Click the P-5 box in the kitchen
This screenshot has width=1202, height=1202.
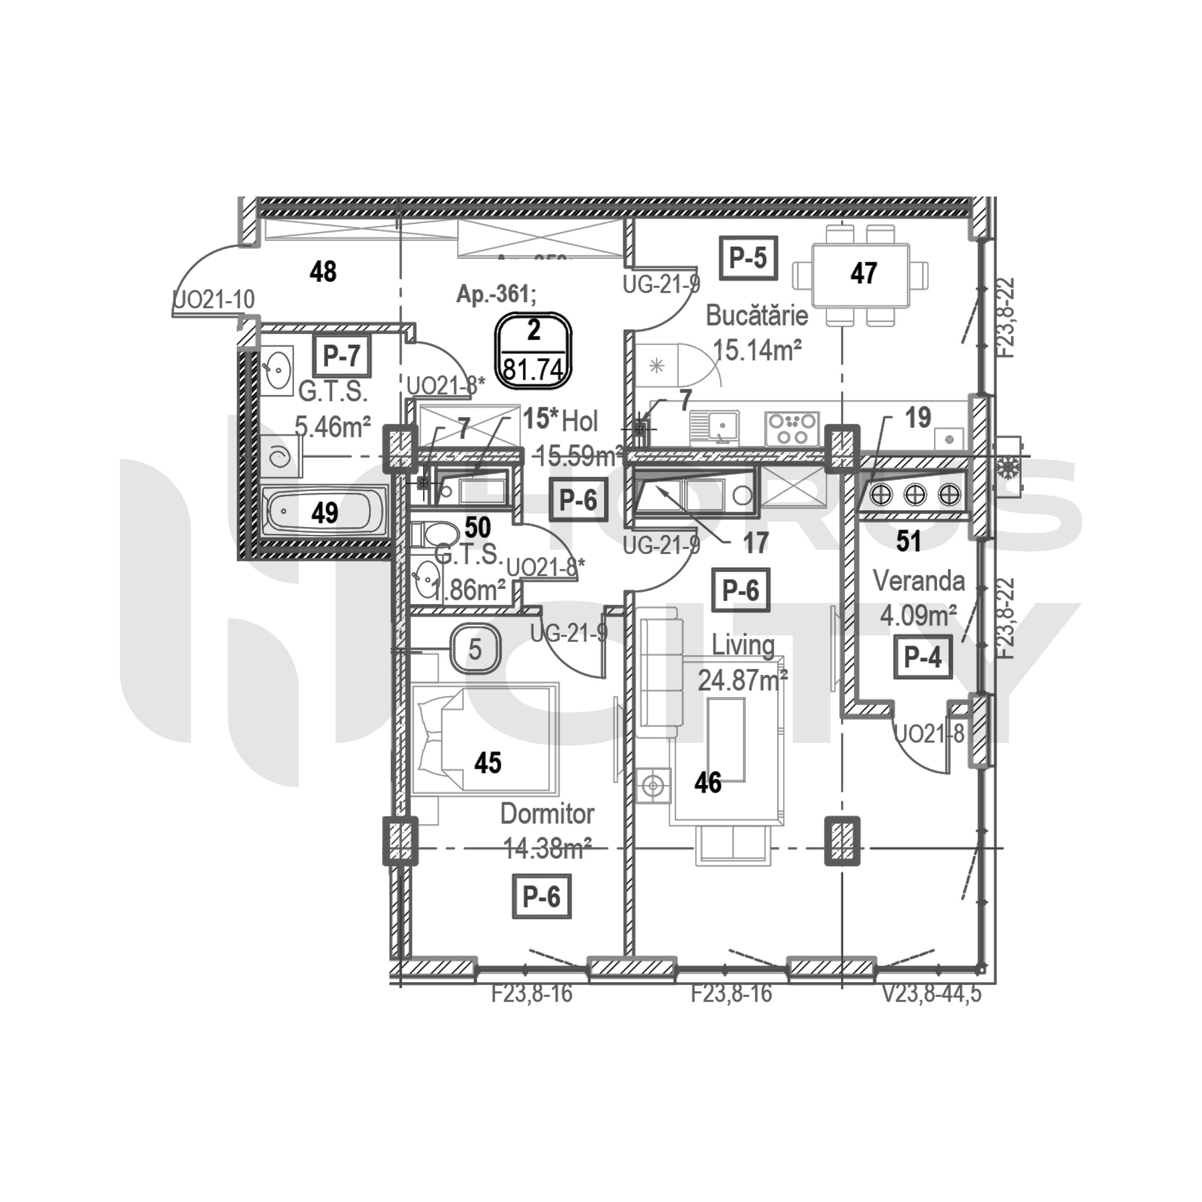(748, 258)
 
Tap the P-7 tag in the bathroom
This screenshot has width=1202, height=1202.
(341, 356)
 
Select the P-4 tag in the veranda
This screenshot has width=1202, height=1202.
(923, 657)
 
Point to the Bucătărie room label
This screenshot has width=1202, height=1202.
(757, 316)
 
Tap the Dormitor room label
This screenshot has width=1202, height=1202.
(547, 814)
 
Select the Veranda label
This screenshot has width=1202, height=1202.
(918, 581)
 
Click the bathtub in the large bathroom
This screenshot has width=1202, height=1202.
(325, 513)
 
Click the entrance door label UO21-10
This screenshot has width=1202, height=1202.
(214, 300)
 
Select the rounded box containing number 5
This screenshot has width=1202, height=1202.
(475, 650)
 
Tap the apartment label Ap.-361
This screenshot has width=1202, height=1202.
(496, 294)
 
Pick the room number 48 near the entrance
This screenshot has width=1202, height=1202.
(323, 272)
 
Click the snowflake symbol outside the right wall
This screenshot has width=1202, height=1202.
(1007, 466)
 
